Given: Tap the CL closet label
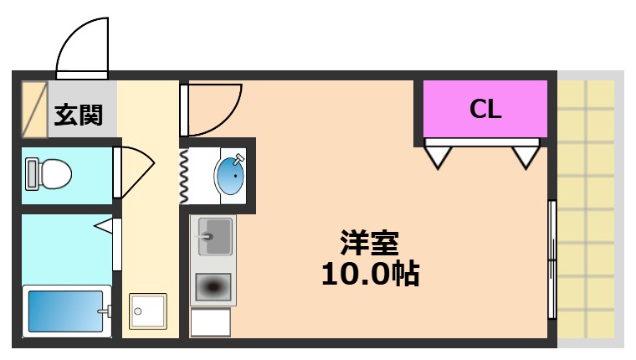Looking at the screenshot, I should (x=485, y=108).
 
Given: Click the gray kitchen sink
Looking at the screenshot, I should (x=213, y=236).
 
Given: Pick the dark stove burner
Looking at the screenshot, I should (x=213, y=287).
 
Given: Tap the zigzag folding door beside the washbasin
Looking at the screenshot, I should (x=185, y=175).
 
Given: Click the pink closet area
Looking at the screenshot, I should (x=485, y=109).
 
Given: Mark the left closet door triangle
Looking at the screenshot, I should (x=439, y=156).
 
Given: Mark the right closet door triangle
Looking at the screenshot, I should (x=526, y=156).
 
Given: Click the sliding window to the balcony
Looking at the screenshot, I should (x=551, y=260).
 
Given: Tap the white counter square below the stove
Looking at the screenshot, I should (x=211, y=322).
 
